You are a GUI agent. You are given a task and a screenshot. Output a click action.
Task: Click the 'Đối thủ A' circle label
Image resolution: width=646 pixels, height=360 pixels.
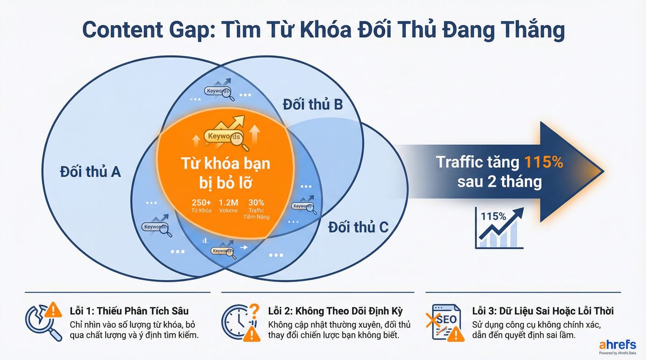[x=90, y=173]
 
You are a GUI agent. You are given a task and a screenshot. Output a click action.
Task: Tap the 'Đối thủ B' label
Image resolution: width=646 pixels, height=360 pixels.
[x=313, y=104]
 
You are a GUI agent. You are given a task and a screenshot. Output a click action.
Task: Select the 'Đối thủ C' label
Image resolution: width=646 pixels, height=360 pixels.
[x=358, y=228]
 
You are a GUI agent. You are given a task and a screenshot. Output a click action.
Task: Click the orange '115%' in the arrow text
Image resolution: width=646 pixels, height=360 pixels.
[x=544, y=161]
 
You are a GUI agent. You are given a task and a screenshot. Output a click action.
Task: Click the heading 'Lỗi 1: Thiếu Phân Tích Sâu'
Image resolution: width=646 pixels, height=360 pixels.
[x=129, y=311]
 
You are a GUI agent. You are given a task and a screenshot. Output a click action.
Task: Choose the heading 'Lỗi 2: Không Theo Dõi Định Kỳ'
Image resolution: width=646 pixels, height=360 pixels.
[x=335, y=311]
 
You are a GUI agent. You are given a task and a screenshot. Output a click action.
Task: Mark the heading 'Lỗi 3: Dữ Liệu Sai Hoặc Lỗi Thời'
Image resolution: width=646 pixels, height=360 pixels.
[x=543, y=311]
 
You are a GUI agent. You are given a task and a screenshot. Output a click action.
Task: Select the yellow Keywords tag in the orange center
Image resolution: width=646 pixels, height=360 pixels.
[x=223, y=137]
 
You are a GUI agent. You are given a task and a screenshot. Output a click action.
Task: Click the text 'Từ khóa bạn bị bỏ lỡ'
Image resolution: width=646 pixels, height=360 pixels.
[x=217, y=171]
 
